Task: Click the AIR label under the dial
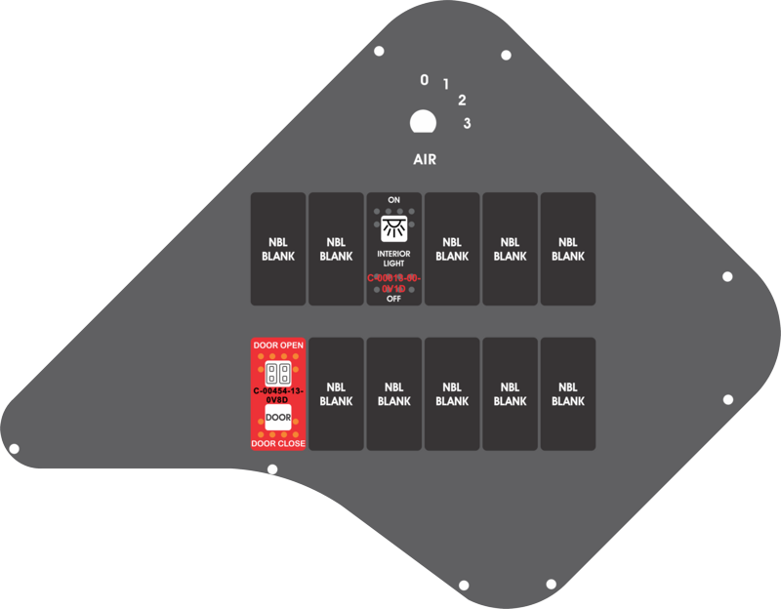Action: coord(425,159)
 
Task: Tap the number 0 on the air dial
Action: coord(425,80)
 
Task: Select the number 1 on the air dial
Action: coord(446,85)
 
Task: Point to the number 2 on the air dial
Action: coord(462,100)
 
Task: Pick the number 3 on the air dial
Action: coord(468,123)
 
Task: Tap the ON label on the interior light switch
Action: coord(394,200)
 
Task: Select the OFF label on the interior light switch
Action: coord(394,299)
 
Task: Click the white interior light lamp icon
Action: coord(394,229)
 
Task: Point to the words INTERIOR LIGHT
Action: coord(394,259)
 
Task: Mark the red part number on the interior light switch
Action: coord(394,283)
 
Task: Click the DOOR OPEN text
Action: coord(278,345)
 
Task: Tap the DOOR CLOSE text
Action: coord(278,444)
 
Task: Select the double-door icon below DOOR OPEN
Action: coord(278,373)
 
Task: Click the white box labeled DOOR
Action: coord(278,419)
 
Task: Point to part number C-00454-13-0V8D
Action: coord(278,395)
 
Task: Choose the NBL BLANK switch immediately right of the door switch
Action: coord(336,394)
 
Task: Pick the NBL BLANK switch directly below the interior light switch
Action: coord(394,394)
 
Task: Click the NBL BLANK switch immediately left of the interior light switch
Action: coord(336,249)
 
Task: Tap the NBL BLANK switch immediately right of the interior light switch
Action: coord(452,249)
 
